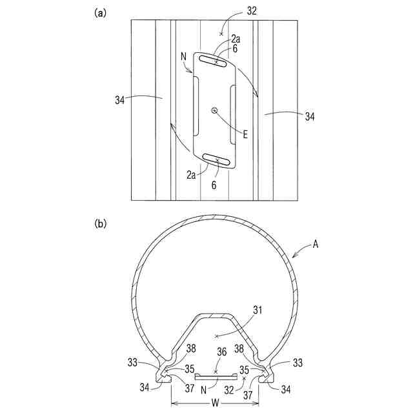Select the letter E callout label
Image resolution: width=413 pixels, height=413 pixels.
click(x=246, y=134)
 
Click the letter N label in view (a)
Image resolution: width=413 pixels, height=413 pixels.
click(x=185, y=55)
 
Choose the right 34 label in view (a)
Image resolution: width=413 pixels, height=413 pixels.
click(x=311, y=117)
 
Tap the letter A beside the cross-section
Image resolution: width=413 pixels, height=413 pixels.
click(x=316, y=244)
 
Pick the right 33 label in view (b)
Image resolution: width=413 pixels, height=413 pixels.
click(x=297, y=363)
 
